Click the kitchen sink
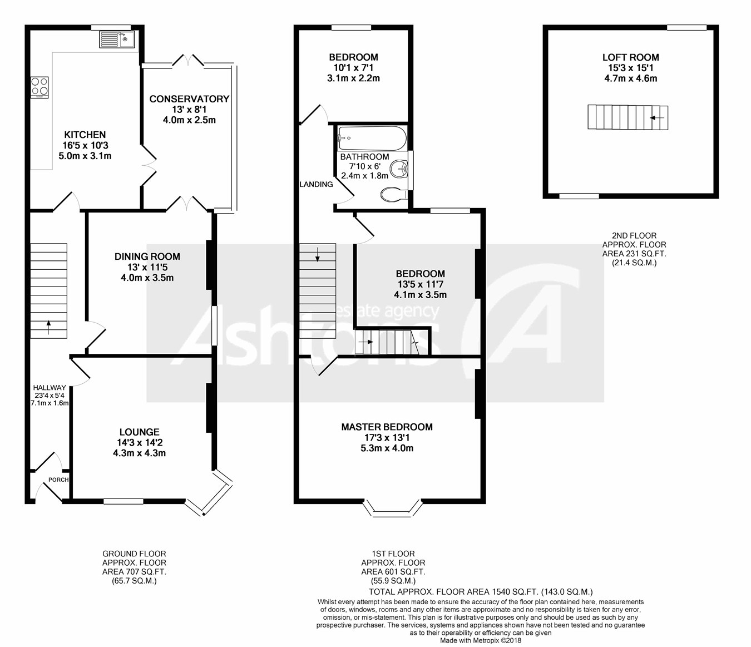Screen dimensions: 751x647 (x=117, y=39)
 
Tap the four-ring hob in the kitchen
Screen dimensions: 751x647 (x=39, y=87)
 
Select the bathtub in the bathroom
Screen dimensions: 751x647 (x=372, y=138)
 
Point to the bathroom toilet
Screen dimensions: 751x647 (x=394, y=194)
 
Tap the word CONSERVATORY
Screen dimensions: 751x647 (x=189, y=99)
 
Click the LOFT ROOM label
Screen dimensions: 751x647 (x=630, y=57)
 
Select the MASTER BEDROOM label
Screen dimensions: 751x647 (x=387, y=427)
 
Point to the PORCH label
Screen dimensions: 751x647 (x=58, y=480)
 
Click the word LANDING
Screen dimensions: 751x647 (x=316, y=184)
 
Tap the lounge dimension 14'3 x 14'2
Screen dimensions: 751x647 (x=140, y=442)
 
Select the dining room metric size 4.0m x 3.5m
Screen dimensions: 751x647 (x=147, y=278)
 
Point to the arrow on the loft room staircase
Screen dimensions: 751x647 (x=656, y=118)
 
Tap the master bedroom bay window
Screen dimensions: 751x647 (x=393, y=508)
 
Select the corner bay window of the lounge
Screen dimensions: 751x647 (x=209, y=492)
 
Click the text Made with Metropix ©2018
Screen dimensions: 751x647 (x=481, y=640)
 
